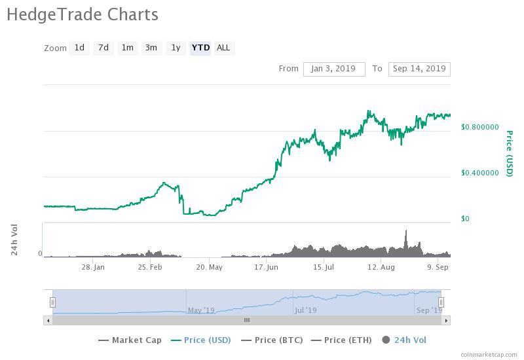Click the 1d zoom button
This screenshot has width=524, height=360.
[79, 48]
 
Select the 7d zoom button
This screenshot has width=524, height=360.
[103, 48]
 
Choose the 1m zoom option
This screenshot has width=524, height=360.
[127, 48]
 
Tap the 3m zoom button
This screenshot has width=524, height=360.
[151, 48]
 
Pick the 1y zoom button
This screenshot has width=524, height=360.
[176, 48]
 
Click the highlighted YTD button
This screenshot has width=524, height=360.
[200, 48]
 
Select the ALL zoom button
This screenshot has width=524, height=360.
[223, 48]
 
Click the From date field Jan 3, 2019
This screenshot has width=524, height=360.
[334, 69]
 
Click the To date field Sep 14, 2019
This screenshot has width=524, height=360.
[419, 69]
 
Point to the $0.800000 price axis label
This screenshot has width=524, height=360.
[479, 127]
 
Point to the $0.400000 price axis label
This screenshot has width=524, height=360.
[479, 173]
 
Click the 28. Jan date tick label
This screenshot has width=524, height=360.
[93, 267]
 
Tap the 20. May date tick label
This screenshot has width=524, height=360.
[210, 267]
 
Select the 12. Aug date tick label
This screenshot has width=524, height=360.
[381, 267]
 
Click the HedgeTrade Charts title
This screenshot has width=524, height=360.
[83, 14]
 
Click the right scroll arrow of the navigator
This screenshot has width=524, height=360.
[446, 321]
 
